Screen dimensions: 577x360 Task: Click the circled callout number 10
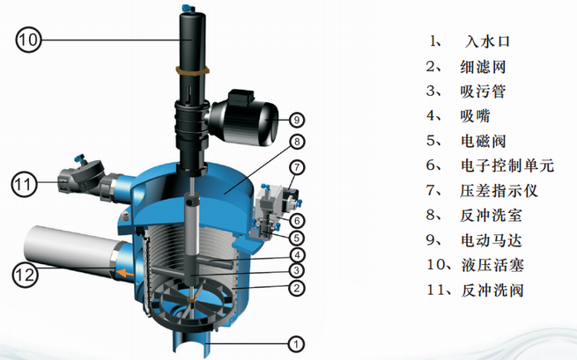28,40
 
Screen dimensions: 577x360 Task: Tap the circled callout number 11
25,184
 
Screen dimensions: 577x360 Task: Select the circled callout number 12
25,275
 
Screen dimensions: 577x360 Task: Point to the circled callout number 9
297,120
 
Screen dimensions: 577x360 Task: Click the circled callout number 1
296,344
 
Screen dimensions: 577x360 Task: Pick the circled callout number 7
297,168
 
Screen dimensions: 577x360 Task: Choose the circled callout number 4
297,254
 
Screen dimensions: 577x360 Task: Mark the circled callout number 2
297,288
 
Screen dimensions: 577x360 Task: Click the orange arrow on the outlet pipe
125,273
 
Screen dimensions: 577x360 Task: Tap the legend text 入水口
487,41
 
